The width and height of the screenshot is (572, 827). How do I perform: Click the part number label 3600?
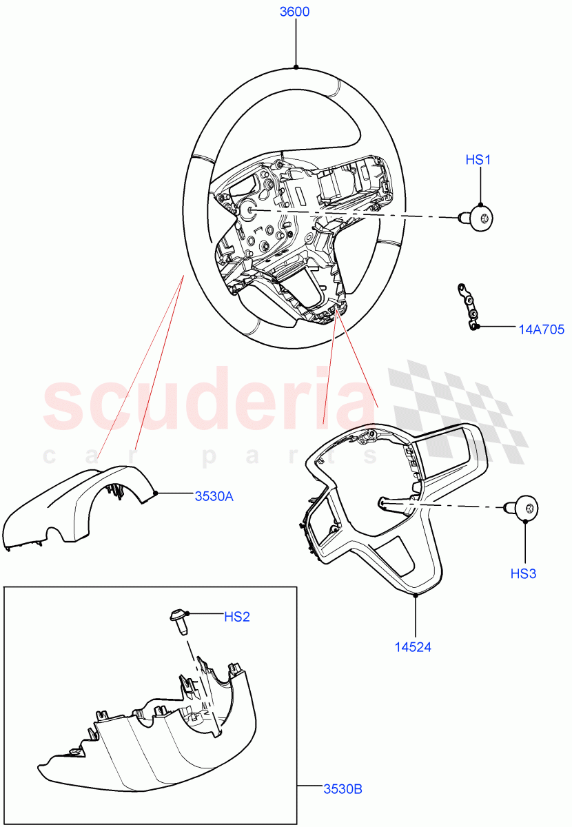click(295, 12)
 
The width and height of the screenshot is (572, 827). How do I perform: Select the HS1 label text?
click(478, 160)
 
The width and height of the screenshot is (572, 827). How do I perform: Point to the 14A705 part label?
click(541, 330)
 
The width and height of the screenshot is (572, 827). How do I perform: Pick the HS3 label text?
click(523, 573)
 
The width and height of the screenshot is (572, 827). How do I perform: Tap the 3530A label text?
click(214, 496)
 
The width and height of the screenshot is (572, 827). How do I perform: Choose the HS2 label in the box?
click(236, 617)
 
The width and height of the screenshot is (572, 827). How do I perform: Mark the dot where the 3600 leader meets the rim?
click(296, 67)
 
